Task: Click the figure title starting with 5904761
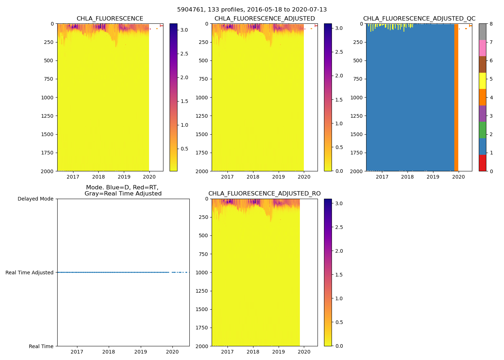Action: [x=252, y=10]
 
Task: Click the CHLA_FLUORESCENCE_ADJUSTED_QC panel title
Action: [x=419, y=19]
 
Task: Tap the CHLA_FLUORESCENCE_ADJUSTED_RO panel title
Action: [x=264, y=194]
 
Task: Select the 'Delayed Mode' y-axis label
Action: [x=35, y=199]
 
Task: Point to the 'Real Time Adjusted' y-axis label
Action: [x=30, y=273]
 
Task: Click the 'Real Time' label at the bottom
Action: [x=41, y=346]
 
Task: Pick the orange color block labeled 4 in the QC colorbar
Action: [x=482, y=97]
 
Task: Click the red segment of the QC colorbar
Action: [x=482, y=163]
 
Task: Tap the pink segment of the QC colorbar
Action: [x=482, y=48]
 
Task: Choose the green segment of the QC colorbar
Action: [x=482, y=130]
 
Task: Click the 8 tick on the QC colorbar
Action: [x=491, y=24]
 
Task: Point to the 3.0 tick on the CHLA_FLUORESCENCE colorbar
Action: [x=184, y=30]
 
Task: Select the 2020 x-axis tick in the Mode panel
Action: [x=172, y=352]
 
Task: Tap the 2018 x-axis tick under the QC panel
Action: [x=408, y=177]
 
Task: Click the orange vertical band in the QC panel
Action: [x=456, y=97]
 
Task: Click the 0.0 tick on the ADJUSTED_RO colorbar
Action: [x=339, y=346]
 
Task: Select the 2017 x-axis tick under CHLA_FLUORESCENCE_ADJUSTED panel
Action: [x=228, y=177]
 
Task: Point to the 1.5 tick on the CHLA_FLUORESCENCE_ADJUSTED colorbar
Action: [x=339, y=100]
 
